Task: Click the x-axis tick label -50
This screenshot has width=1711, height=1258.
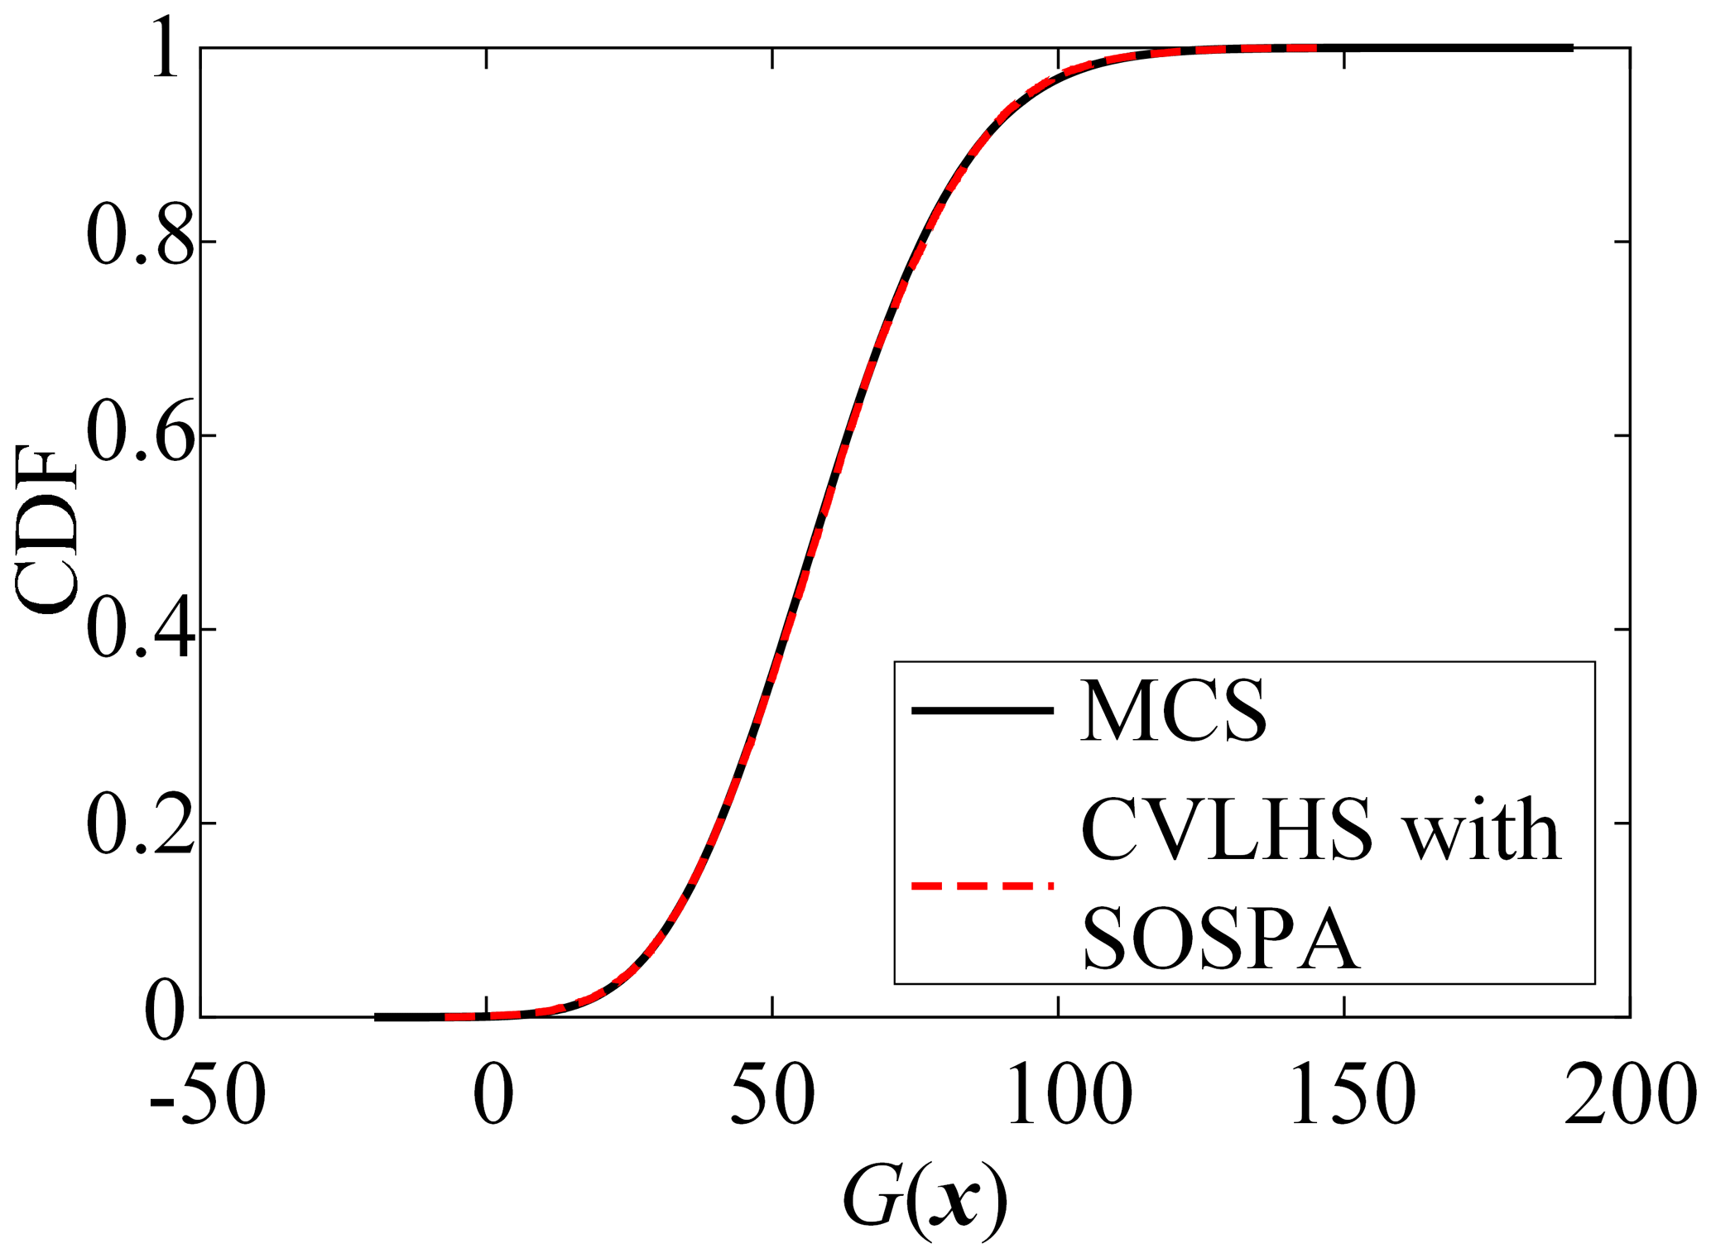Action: point(208,1095)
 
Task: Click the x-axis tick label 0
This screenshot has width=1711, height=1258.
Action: point(493,1095)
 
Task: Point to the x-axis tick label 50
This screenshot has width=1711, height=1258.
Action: point(773,1095)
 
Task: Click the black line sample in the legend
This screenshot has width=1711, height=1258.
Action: point(983,710)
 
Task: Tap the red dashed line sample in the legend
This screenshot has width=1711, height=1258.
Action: point(983,886)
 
